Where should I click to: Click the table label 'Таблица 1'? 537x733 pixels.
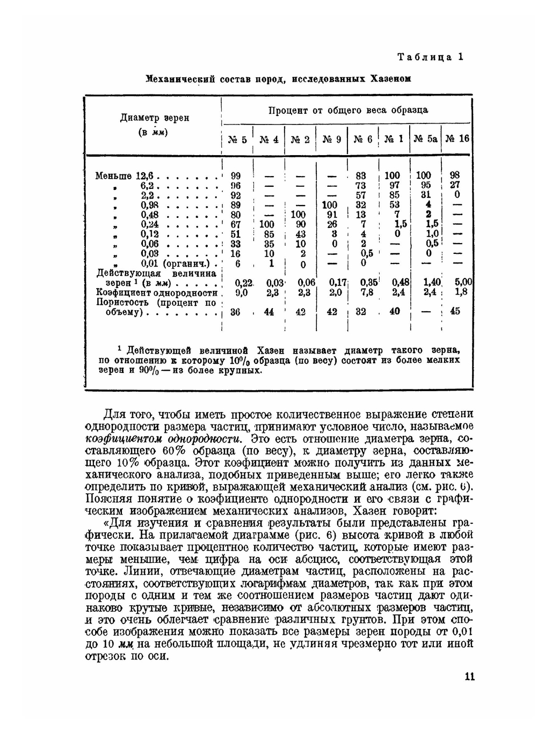point(430,57)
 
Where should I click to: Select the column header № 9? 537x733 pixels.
point(332,139)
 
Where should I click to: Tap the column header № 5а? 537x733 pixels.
point(425,139)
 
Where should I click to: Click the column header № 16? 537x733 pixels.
point(456,139)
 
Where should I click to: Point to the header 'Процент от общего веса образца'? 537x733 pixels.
point(348,110)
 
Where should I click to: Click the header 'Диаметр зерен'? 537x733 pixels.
point(154,118)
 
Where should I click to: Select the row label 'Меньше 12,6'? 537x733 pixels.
point(124,175)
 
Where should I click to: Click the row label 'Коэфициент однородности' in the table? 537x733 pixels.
point(156,292)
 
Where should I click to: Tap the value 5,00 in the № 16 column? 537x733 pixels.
point(463,282)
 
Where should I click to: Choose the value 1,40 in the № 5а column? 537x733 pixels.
point(432,282)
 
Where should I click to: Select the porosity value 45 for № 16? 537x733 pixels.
point(455,311)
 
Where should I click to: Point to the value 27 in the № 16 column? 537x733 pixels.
point(455,185)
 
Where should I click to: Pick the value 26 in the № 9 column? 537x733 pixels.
point(332,224)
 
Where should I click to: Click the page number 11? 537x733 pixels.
point(469,677)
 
